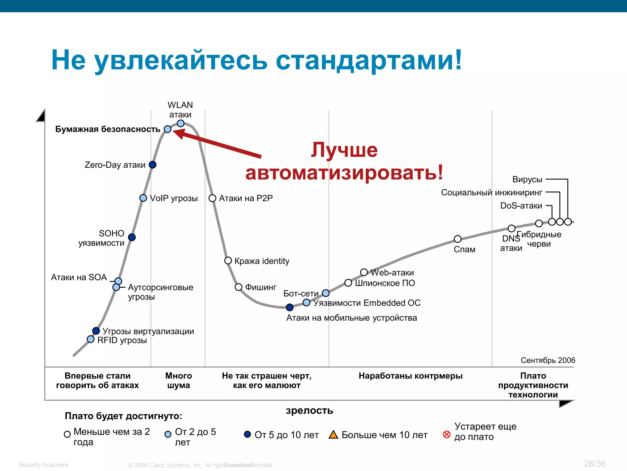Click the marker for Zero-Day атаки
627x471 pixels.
(x=152, y=165)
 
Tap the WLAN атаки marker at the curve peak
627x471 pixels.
(x=181, y=123)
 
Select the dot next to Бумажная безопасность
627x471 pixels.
(x=167, y=129)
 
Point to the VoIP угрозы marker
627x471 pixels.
(x=143, y=198)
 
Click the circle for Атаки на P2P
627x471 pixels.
(x=212, y=198)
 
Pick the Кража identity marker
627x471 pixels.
(x=228, y=261)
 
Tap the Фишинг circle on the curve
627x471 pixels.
(x=238, y=287)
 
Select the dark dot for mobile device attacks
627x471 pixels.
(x=290, y=307)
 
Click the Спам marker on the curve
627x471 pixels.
(x=457, y=239)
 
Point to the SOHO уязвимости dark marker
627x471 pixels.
(x=132, y=237)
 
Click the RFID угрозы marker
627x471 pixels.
(x=91, y=339)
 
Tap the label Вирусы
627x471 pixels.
(x=527, y=179)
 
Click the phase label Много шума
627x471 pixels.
(x=178, y=380)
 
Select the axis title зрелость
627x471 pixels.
(x=309, y=410)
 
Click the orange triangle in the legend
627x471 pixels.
(x=333, y=435)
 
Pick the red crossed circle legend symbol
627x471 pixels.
(x=447, y=435)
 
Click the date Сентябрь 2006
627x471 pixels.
(x=548, y=360)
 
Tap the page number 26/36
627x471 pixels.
(x=595, y=464)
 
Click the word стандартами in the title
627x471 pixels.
(x=369, y=60)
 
